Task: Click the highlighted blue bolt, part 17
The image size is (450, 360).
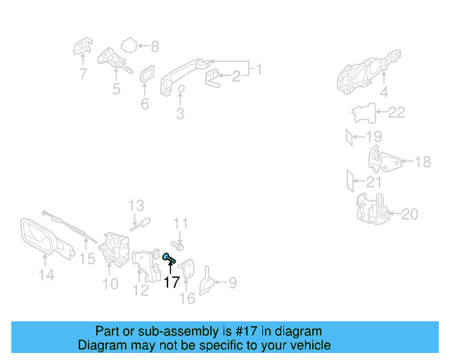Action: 169,259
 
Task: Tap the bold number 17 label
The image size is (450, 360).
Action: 172,282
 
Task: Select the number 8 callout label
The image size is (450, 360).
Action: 155,47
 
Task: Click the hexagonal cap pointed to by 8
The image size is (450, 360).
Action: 128,46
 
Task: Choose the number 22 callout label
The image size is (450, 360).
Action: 397,112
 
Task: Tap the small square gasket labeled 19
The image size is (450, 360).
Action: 352,136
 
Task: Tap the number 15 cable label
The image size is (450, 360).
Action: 86,259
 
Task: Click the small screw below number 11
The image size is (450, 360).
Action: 177,247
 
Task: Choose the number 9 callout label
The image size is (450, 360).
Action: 231,283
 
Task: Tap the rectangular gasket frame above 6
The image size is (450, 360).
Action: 146,76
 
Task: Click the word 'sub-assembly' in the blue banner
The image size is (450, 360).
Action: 156,331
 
